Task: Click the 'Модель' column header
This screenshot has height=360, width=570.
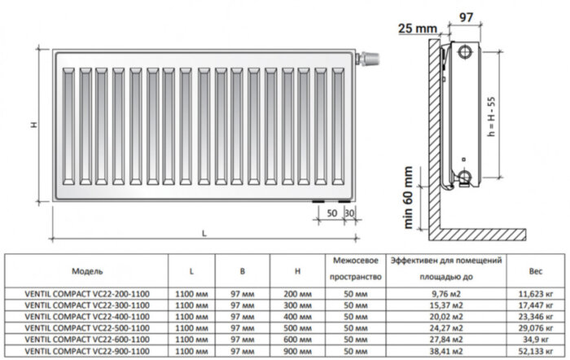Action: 87,270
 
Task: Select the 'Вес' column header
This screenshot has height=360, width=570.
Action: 535,270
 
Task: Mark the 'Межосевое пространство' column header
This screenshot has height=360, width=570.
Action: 356,270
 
